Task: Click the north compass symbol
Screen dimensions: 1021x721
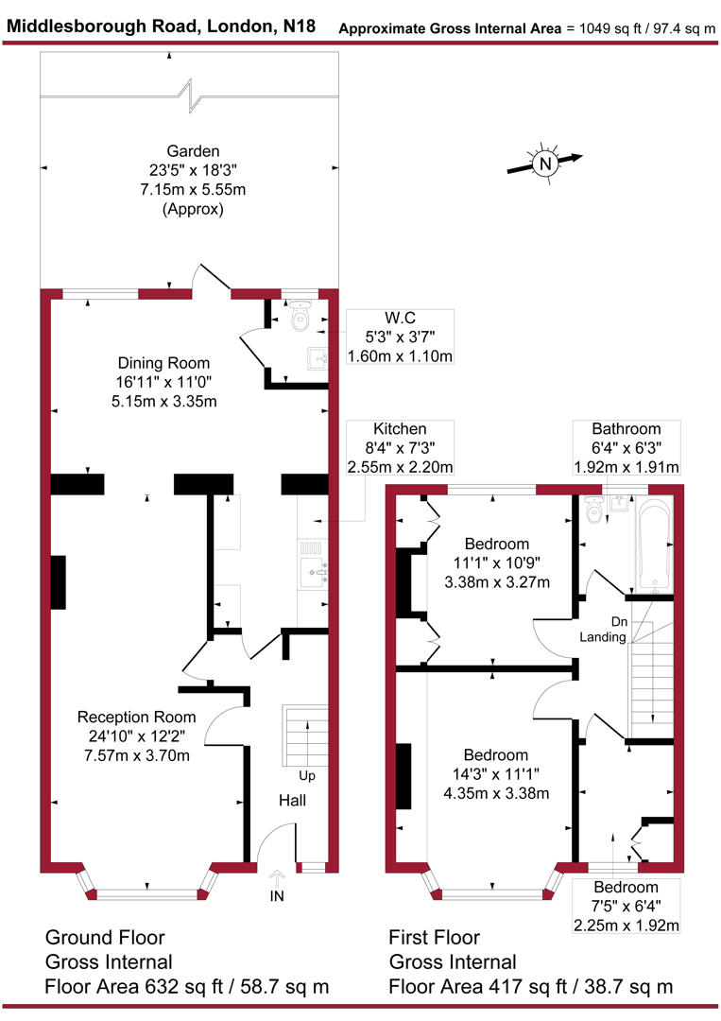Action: (x=545, y=164)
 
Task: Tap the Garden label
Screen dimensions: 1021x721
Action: (x=193, y=151)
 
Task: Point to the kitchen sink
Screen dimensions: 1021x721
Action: (x=311, y=570)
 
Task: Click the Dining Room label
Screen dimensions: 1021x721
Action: (x=163, y=363)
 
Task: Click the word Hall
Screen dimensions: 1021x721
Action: (x=291, y=801)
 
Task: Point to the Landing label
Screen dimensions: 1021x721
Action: (x=604, y=637)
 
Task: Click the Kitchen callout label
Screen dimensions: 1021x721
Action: (x=400, y=429)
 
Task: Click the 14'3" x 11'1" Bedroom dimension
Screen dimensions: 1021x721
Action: (x=496, y=774)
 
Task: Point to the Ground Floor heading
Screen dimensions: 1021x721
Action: (x=105, y=938)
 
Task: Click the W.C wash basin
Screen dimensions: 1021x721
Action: (x=315, y=356)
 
